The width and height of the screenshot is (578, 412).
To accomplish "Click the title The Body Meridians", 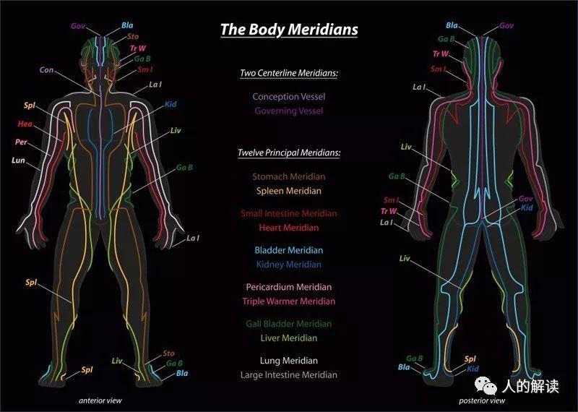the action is tap(289, 30).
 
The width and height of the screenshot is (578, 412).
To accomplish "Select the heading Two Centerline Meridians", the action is tap(289, 73).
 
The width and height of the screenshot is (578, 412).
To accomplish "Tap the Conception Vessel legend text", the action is tap(289, 97).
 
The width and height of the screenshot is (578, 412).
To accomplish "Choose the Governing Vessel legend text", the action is tap(289, 111).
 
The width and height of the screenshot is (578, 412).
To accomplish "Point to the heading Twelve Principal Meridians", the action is tap(289, 153).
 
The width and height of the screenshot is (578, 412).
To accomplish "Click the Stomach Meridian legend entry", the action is tap(289, 176).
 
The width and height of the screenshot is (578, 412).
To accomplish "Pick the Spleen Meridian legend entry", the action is tap(289, 191).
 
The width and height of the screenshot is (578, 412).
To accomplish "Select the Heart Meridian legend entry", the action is tap(289, 228).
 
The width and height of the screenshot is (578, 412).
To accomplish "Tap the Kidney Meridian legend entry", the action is tap(289, 265).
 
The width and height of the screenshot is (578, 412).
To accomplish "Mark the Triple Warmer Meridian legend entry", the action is tap(289, 301).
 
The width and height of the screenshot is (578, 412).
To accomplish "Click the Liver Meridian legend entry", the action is tap(289, 338).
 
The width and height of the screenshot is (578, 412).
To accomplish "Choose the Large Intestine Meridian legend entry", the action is tap(289, 375).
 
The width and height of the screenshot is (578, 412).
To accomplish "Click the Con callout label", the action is tap(46, 69).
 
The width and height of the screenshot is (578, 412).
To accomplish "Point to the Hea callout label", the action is tap(25, 124).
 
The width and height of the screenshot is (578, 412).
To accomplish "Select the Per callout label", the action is tap(21, 142).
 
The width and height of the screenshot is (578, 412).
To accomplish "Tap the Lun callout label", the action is tap(18, 160).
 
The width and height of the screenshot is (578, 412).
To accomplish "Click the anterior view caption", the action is tap(100, 400).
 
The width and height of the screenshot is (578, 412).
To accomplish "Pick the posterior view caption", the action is tap(482, 400).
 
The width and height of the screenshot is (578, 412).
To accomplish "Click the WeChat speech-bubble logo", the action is tap(486, 385).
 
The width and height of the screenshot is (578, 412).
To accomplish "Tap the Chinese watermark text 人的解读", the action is tap(530, 386).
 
